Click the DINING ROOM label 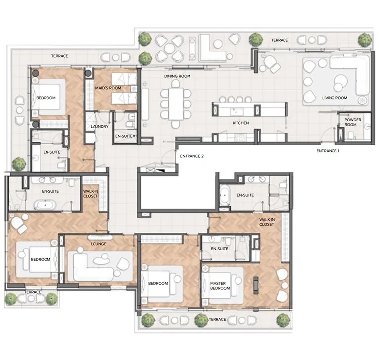coord(177,76)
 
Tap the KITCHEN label coord(240,123)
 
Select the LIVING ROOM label coord(334,98)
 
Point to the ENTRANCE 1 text coord(328,150)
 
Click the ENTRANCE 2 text coord(191,156)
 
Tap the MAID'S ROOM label coord(108,88)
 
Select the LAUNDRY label coord(99,126)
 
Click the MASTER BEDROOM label coord(218,286)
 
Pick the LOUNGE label coord(98,244)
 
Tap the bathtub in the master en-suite coord(224,197)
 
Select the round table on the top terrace coord(169,49)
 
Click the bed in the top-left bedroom coord(48,97)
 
